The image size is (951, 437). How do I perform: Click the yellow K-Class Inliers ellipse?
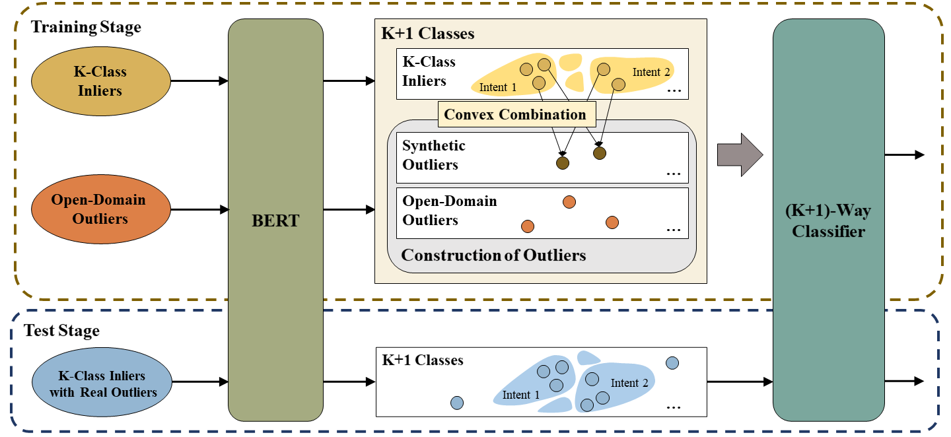[x=101, y=81]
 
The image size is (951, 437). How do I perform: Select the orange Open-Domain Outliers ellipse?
[x=101, y=209]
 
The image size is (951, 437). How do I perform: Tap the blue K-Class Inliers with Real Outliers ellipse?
[x=102, y=382]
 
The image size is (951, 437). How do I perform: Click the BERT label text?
[x=275, y=220]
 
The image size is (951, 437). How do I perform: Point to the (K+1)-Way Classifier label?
[x=828, y=220]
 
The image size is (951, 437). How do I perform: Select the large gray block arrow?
[x=740, y=155]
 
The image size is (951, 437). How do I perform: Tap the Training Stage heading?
[x=86, y=27]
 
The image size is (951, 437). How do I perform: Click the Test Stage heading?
[x=61, y=331]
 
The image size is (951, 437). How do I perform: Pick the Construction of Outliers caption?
[x=493, y=255]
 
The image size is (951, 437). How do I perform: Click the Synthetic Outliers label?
[x=433, y=155]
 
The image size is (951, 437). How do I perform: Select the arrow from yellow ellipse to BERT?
[x=199, y=81]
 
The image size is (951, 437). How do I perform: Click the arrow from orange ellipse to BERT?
[x=199, y=209]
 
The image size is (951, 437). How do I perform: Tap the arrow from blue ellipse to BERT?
[x=200, y=382]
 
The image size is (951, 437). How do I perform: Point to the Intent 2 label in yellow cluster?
[x=651, y=72]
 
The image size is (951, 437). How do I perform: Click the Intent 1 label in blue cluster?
[x=520, y=395]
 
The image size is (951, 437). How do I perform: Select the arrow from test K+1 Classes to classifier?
[x=740, y=382]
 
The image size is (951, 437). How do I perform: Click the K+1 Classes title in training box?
[x=427, y=34]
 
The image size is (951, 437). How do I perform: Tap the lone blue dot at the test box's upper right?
[x=672, y=363]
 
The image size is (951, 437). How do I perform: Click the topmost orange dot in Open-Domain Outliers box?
[x=569, y=202]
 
